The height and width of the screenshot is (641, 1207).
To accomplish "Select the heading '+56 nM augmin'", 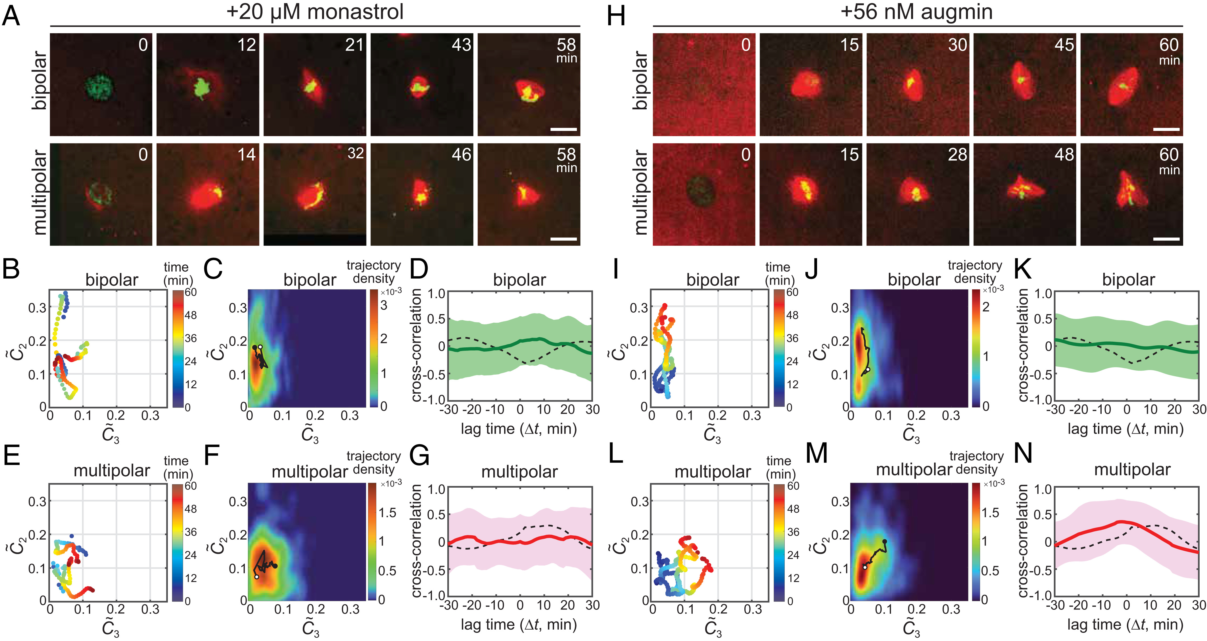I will [916, 11].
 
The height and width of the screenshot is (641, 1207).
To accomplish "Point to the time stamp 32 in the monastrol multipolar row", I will [356, 153].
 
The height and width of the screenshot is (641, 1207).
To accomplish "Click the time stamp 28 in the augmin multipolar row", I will [957, 154].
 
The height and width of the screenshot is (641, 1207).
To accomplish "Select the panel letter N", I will [1023, 454].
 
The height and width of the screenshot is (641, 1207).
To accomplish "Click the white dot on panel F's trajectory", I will [256, 577].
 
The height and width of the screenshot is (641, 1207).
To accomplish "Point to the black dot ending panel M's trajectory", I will [885, 542].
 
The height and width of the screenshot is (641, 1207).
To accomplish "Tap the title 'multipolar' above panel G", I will [519, 472].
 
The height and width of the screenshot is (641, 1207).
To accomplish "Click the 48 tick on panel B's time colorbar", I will [190, 315].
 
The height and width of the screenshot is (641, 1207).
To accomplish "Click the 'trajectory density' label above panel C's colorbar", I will [373, 272].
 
